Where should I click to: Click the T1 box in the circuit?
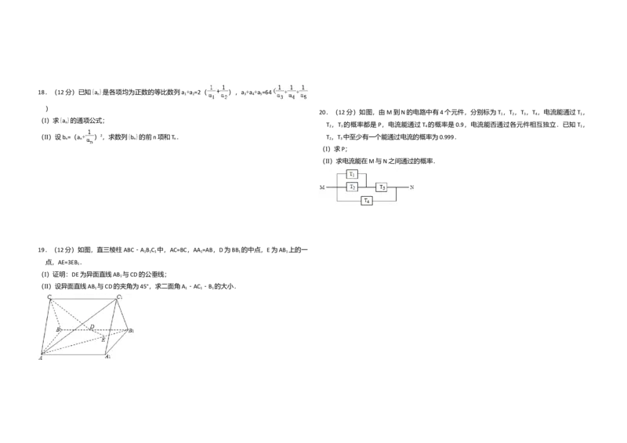pyautogui.click(x=353, y=174)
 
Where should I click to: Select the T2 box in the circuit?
pyautogui.click(x=353, y=187)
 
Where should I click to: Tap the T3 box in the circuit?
pyautogui.click(x=382, y=187)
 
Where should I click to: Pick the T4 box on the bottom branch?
pyautogui.click(x=366, y=201)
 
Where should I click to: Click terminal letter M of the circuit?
pyautogui.click(x=321, y=188)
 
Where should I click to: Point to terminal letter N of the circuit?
pyautogui.click(x=411, y=188)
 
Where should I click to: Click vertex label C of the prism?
pyautogui.click(x=49, y=297)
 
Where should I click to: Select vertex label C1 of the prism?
pyautogui.click(x=119, y=298)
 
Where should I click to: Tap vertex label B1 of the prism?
pyautogui.click(x=132, y=331)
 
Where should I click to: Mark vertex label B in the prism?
pyautogui.click(x=57, y=330)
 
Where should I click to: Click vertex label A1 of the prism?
pyautogui.click(x=108, y=357)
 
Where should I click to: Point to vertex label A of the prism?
pyautogui.click(x=41, y=358)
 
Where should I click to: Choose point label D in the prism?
pyautogui.click(x=92, y=325)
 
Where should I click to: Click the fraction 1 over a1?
pyautogui.click(x=211, y=92)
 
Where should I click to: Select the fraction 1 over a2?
pyautogui.click(x=223, y=92)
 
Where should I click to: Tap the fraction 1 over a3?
pyautogui.click(x=280, y=92)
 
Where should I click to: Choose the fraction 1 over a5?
pyautogui.click(x=303, y=92)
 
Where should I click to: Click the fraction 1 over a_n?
pyautogui.click(x=89, y=137)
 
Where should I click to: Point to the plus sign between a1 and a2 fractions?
pyautogui.click(x=217, y=93)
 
